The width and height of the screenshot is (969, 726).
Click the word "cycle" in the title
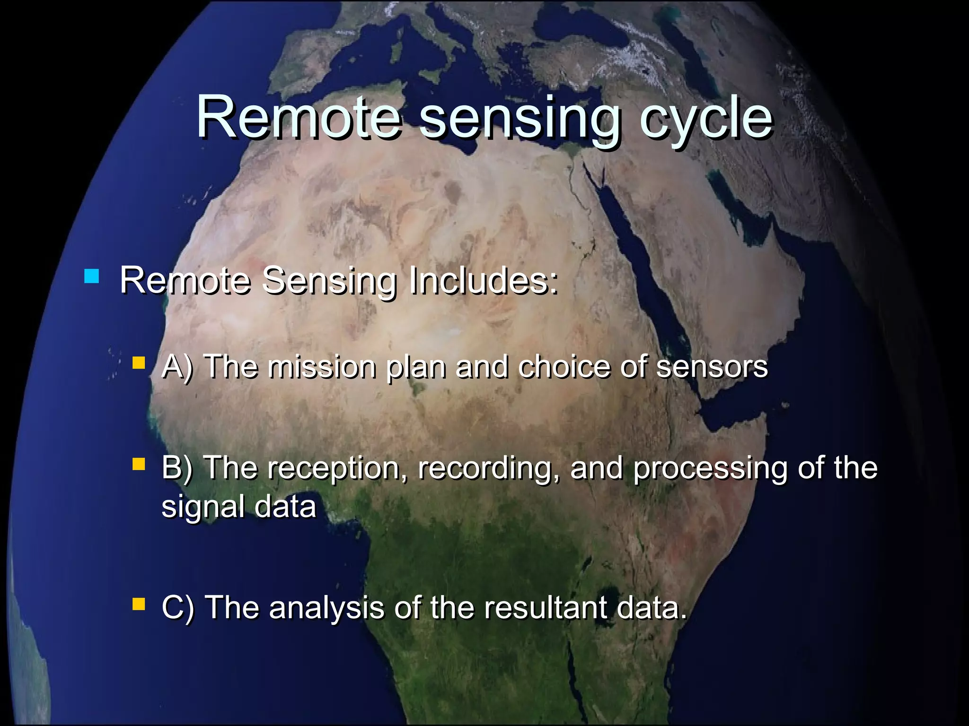point(706,118)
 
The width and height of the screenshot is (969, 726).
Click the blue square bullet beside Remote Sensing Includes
point(91,277)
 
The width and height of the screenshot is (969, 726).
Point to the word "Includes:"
point(484,280)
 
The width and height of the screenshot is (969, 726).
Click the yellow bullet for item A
point(139,363)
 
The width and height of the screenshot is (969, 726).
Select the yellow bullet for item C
point(139,604)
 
